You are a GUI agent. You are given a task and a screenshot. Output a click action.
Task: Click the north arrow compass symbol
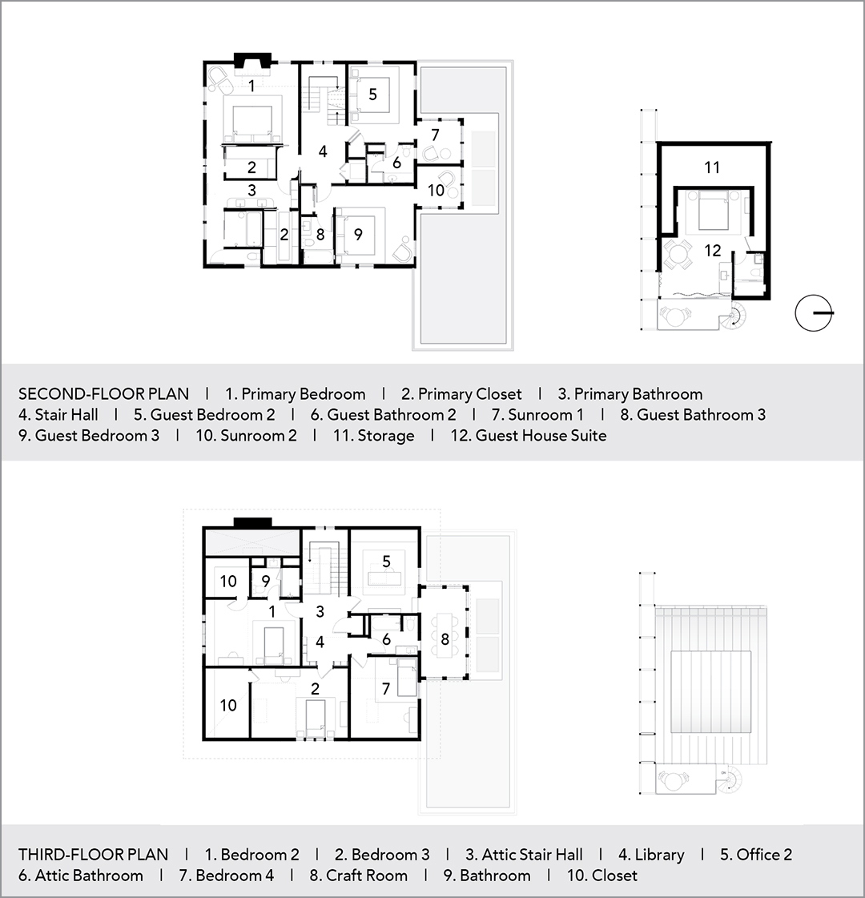coord(814,312)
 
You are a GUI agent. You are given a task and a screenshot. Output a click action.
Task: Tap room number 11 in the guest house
coord(711,167)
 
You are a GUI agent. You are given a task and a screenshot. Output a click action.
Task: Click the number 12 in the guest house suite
coord(712,250)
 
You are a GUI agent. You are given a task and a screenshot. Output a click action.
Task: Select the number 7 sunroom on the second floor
coord(435,135)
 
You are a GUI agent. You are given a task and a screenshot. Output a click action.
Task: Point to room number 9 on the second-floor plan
coord(358,234)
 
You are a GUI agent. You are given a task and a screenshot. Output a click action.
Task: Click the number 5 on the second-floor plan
coord(372,95)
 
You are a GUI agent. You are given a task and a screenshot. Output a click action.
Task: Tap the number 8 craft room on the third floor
coord(445,638)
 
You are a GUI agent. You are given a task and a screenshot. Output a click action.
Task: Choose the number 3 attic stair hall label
coord(320,612)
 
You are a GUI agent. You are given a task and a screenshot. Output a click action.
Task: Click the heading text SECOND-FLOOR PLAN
coord(103,394)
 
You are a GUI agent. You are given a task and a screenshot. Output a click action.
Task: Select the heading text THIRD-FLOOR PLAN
coord(94,855)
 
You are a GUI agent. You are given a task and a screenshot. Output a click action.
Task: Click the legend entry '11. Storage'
coord(374,436)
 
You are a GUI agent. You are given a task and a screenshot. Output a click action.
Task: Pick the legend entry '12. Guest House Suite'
coord(529,436)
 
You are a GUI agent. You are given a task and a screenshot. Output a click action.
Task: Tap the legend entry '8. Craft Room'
coord(358,876)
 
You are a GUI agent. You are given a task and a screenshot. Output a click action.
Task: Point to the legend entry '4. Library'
coord(651,855)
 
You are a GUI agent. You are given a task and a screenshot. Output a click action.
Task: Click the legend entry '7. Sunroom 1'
coord(537,415)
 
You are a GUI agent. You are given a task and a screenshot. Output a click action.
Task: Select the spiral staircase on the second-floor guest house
coord(735,315)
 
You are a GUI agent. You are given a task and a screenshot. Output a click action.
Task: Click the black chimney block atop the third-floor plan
coord(252,522)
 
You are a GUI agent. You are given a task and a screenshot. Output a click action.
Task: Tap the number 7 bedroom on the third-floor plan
coord(386,688)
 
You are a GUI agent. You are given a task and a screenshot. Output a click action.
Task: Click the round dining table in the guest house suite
coord(678,254)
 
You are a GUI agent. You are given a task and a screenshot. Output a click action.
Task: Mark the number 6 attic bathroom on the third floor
coord(386,639)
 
